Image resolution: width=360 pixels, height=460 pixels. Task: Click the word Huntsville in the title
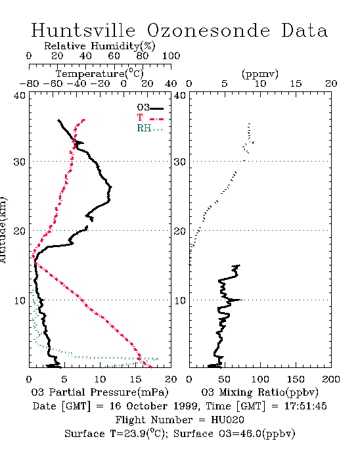click(x=83, y=30)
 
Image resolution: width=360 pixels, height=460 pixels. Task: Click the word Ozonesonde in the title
click(x=208, y=30)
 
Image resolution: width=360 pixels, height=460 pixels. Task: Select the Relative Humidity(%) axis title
click(x=100, y=46)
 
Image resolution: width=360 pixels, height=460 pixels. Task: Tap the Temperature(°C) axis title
click(x=100, y=74)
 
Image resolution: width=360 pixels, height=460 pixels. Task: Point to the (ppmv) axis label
click(x=259, y=74)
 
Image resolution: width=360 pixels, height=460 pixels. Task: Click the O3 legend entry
click(x=150, y=108)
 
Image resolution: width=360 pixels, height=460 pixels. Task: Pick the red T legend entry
click(x=150, y=118)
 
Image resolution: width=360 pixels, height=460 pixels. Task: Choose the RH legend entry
click(x=150, y=128)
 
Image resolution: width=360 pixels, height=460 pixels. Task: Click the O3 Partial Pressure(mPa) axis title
click(x=100, y=392)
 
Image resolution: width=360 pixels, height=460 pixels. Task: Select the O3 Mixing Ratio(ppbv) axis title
click(x=259, y=392)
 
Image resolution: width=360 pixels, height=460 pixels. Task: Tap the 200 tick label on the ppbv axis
click(x=331, y=379)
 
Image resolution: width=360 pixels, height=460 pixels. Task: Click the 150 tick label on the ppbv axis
click(x=296, y=379)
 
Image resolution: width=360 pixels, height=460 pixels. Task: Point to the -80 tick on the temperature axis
click(x=29, y=84)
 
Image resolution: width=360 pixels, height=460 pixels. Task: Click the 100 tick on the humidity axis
click(x=171, y=56)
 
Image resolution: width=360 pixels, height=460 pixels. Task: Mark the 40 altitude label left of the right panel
click(x=180, y=96)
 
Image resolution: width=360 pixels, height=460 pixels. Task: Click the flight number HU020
click(x=227, y=420)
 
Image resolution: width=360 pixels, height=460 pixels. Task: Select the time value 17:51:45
click(x=305, y=406)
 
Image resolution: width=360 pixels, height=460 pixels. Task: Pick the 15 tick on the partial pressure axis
click(x=135, y=379)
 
